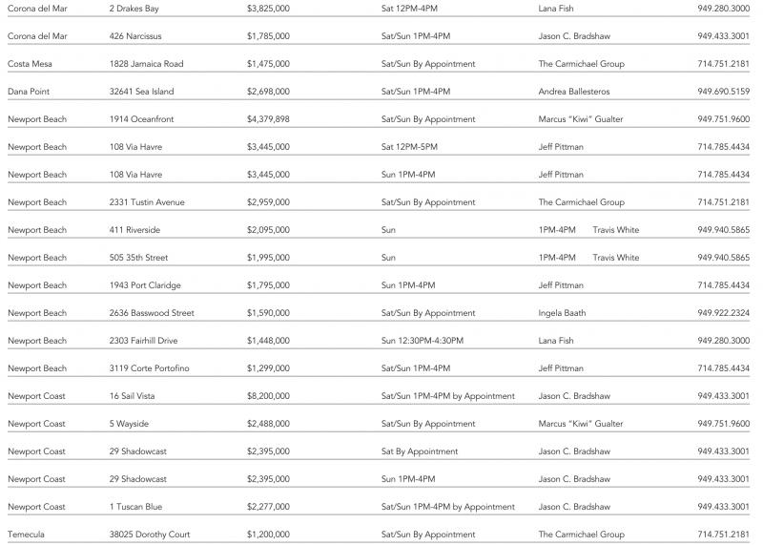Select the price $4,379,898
tap(268, 119)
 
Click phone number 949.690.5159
tap(723, 92)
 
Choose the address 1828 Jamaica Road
tap(146, 64)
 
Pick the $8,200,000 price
tap(268, 396)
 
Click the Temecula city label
tap(26, 535)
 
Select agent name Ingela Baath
tap(562, 313)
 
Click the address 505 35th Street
tap(139, 258)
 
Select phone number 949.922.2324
tap(723, 313)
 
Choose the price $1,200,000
tap(268, 535)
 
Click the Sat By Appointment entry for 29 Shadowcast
tap(420, 451)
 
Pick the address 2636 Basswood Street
tap(152, 313)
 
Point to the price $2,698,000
tap(268, 92)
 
